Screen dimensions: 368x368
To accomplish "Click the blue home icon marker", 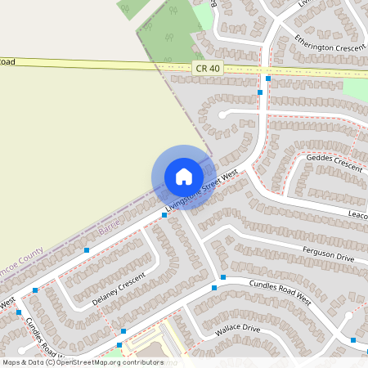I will [x=184, y=177].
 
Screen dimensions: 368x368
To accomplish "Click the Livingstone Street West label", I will [x=201, y=191].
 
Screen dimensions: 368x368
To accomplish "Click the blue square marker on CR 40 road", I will [x=268, y=79].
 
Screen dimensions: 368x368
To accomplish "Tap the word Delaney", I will [x=105, y=298].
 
